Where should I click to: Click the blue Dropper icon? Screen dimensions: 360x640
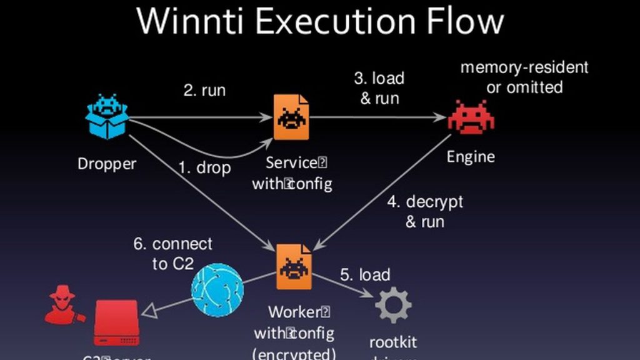107,116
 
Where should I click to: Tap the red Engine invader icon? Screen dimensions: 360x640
470,116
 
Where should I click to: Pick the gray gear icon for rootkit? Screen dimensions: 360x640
393,306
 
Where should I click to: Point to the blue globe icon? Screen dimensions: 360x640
217,289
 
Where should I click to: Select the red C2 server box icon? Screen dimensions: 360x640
116,322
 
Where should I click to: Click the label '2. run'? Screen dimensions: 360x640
204,90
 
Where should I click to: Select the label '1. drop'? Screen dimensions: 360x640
204,168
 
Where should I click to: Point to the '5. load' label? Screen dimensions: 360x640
365,274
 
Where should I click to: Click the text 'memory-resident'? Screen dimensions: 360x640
524,67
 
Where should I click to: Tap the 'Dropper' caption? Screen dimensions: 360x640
107,164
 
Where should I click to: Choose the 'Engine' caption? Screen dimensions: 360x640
471,156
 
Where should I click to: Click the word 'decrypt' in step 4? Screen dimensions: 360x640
434,202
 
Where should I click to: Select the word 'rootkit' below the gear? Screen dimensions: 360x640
392,342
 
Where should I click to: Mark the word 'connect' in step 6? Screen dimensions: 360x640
182,244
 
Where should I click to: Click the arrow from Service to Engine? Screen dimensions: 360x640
375,117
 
